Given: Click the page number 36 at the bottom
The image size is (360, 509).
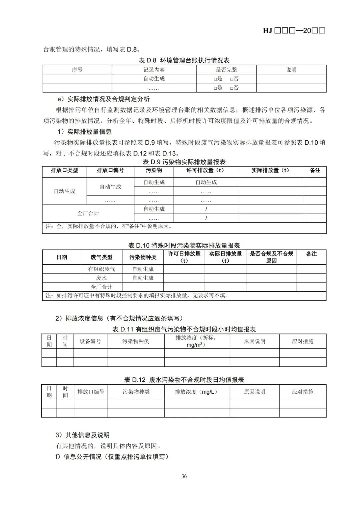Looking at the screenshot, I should [184, 476].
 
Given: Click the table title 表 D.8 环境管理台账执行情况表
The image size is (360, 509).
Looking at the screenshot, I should [184, 60].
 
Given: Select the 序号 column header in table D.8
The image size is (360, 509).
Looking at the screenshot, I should [77, 70].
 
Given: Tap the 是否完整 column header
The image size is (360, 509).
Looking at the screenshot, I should [226, 70].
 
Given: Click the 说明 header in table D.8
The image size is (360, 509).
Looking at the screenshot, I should [291, 70].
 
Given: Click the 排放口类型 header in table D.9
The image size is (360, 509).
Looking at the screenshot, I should [64, 170].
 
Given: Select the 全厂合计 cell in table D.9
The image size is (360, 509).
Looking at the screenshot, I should [88, 213].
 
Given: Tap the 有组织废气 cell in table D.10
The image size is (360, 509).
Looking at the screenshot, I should [101, 269].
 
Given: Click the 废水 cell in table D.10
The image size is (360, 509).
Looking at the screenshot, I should [101, 278].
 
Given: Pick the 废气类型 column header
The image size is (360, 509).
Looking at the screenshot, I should [101, 257].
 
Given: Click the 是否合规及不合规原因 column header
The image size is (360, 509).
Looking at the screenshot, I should [271, 257].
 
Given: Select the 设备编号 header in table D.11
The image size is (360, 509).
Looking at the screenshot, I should [90, 341].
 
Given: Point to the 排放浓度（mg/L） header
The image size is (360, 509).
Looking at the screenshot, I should [196, 392].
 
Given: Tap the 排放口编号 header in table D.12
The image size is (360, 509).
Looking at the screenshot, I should [91, 392].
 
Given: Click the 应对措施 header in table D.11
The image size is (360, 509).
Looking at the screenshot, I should [303, 341].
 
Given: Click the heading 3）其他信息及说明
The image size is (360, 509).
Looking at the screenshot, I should [82, 435].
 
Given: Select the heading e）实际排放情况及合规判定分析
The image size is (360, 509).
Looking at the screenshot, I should [103, 99].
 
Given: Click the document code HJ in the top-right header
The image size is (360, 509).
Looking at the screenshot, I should [267, 31].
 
